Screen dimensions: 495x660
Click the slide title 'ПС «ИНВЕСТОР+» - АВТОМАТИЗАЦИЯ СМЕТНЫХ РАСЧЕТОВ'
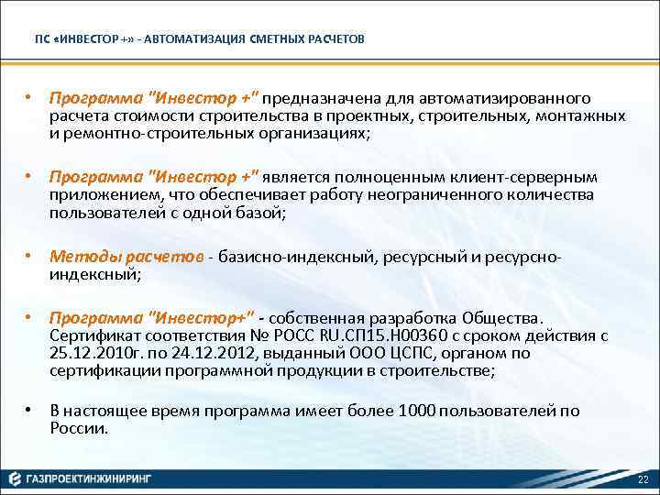(x=199, y=40)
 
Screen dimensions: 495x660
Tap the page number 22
(x=642, y=480)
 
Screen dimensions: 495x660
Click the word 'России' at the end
(x=79, y=427)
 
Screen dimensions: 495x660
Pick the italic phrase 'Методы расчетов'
(x=127, y=257)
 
